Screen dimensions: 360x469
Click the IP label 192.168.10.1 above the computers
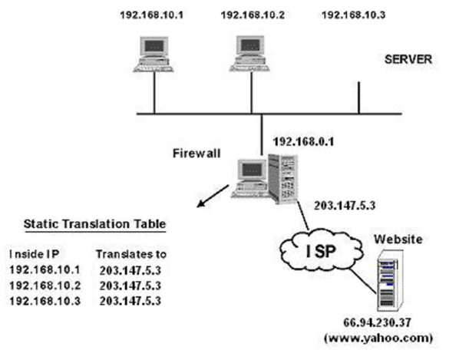(154, 15)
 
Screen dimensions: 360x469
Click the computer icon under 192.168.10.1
(154, 53)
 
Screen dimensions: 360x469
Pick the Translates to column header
(133, 253)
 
